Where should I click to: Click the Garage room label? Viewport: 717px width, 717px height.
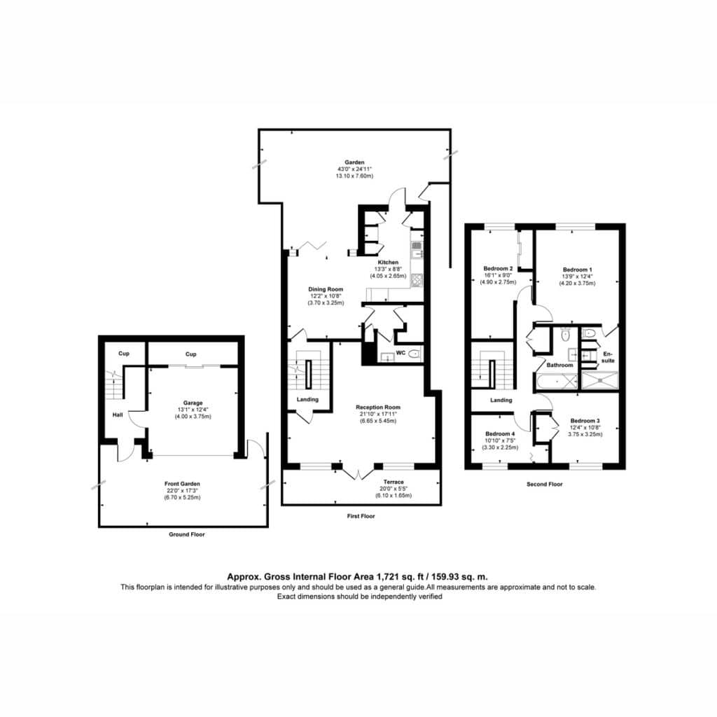tap(193, 403)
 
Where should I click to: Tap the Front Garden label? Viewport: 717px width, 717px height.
tap(182, 483)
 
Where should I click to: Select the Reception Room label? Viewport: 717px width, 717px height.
tap(378, 407)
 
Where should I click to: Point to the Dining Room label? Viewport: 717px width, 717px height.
tap(326, 289)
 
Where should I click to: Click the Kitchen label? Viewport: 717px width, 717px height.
tap(388, 263)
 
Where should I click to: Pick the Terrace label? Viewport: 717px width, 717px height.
tap(394, 482)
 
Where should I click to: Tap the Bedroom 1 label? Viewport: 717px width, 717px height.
tap(577, 270)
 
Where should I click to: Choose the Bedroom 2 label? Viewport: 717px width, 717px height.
tap(498, 268)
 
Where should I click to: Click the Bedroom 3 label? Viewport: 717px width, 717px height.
tap(585, 421)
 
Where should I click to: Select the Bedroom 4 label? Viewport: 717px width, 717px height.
tap(500, 433)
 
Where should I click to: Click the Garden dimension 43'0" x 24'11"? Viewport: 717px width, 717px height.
tap(354, 169)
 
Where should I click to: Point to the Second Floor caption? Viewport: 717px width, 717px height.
tap(544, 484)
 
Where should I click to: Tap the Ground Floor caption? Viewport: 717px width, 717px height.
tap(186, 534)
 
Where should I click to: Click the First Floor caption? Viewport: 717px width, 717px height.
tap(361, 516)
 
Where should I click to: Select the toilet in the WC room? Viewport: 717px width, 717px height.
tap(414, 354)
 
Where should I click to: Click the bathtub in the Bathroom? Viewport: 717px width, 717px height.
tap(556, 381)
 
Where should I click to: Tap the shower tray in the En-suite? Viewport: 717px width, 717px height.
tap(599, 380)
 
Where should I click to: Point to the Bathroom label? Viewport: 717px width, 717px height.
tap(559, 365)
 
